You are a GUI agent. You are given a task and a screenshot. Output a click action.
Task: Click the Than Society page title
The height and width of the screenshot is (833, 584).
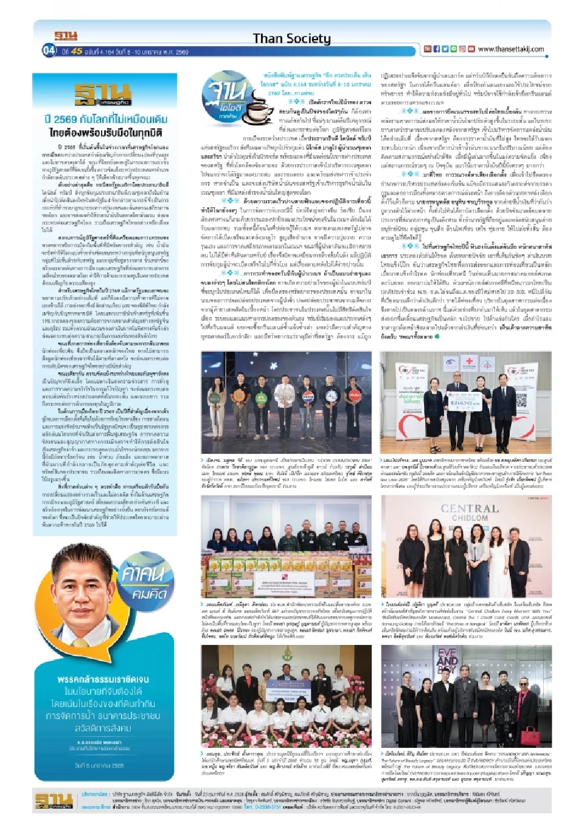tap(291, 39)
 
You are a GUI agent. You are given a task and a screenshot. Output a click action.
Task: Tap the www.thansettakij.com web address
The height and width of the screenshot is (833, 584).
tap(511, 49)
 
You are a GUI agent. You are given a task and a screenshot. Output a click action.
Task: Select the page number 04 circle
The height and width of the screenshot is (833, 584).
tap(49, 51)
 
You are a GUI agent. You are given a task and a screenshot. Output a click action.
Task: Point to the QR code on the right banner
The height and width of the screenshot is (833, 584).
tap(521, 400)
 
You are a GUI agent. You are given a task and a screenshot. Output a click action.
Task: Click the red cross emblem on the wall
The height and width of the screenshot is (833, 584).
tap(469, 361)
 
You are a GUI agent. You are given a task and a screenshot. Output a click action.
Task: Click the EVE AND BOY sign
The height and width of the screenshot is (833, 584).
tap(447, 660)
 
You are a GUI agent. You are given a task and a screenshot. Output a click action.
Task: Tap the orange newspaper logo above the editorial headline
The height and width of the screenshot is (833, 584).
tap(102, 94)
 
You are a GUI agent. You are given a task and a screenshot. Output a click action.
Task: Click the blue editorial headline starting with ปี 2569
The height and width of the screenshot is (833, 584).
tap(106, 119)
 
